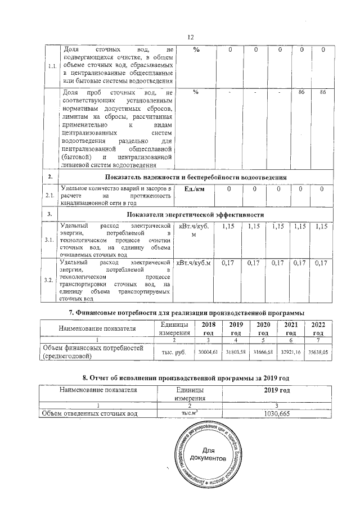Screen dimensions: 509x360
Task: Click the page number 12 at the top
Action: click(x=190, y=37)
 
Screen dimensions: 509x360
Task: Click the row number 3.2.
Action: click(x=49, y=280)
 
